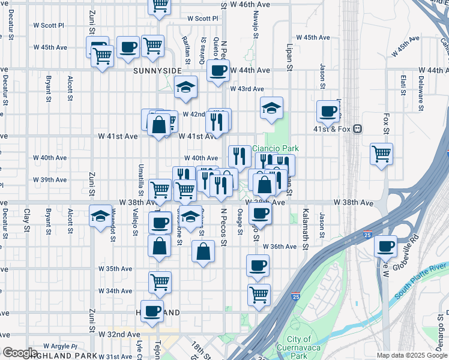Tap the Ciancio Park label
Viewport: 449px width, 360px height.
point(275,148)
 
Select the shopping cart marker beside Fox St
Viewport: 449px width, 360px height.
point(382,154)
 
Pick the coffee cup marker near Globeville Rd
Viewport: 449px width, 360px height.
point(385,245)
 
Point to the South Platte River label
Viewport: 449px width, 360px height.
point(421,278)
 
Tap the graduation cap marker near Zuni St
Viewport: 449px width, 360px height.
point(100,215)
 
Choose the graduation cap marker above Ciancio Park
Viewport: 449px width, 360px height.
point(271,108)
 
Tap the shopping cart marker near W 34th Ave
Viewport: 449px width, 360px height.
point(160,282)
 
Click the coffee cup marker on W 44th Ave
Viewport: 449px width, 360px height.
point(218,70)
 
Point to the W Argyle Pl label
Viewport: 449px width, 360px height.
point(57,346)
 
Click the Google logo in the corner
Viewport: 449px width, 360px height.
point(19,353)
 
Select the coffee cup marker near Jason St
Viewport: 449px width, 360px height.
point(328,110)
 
